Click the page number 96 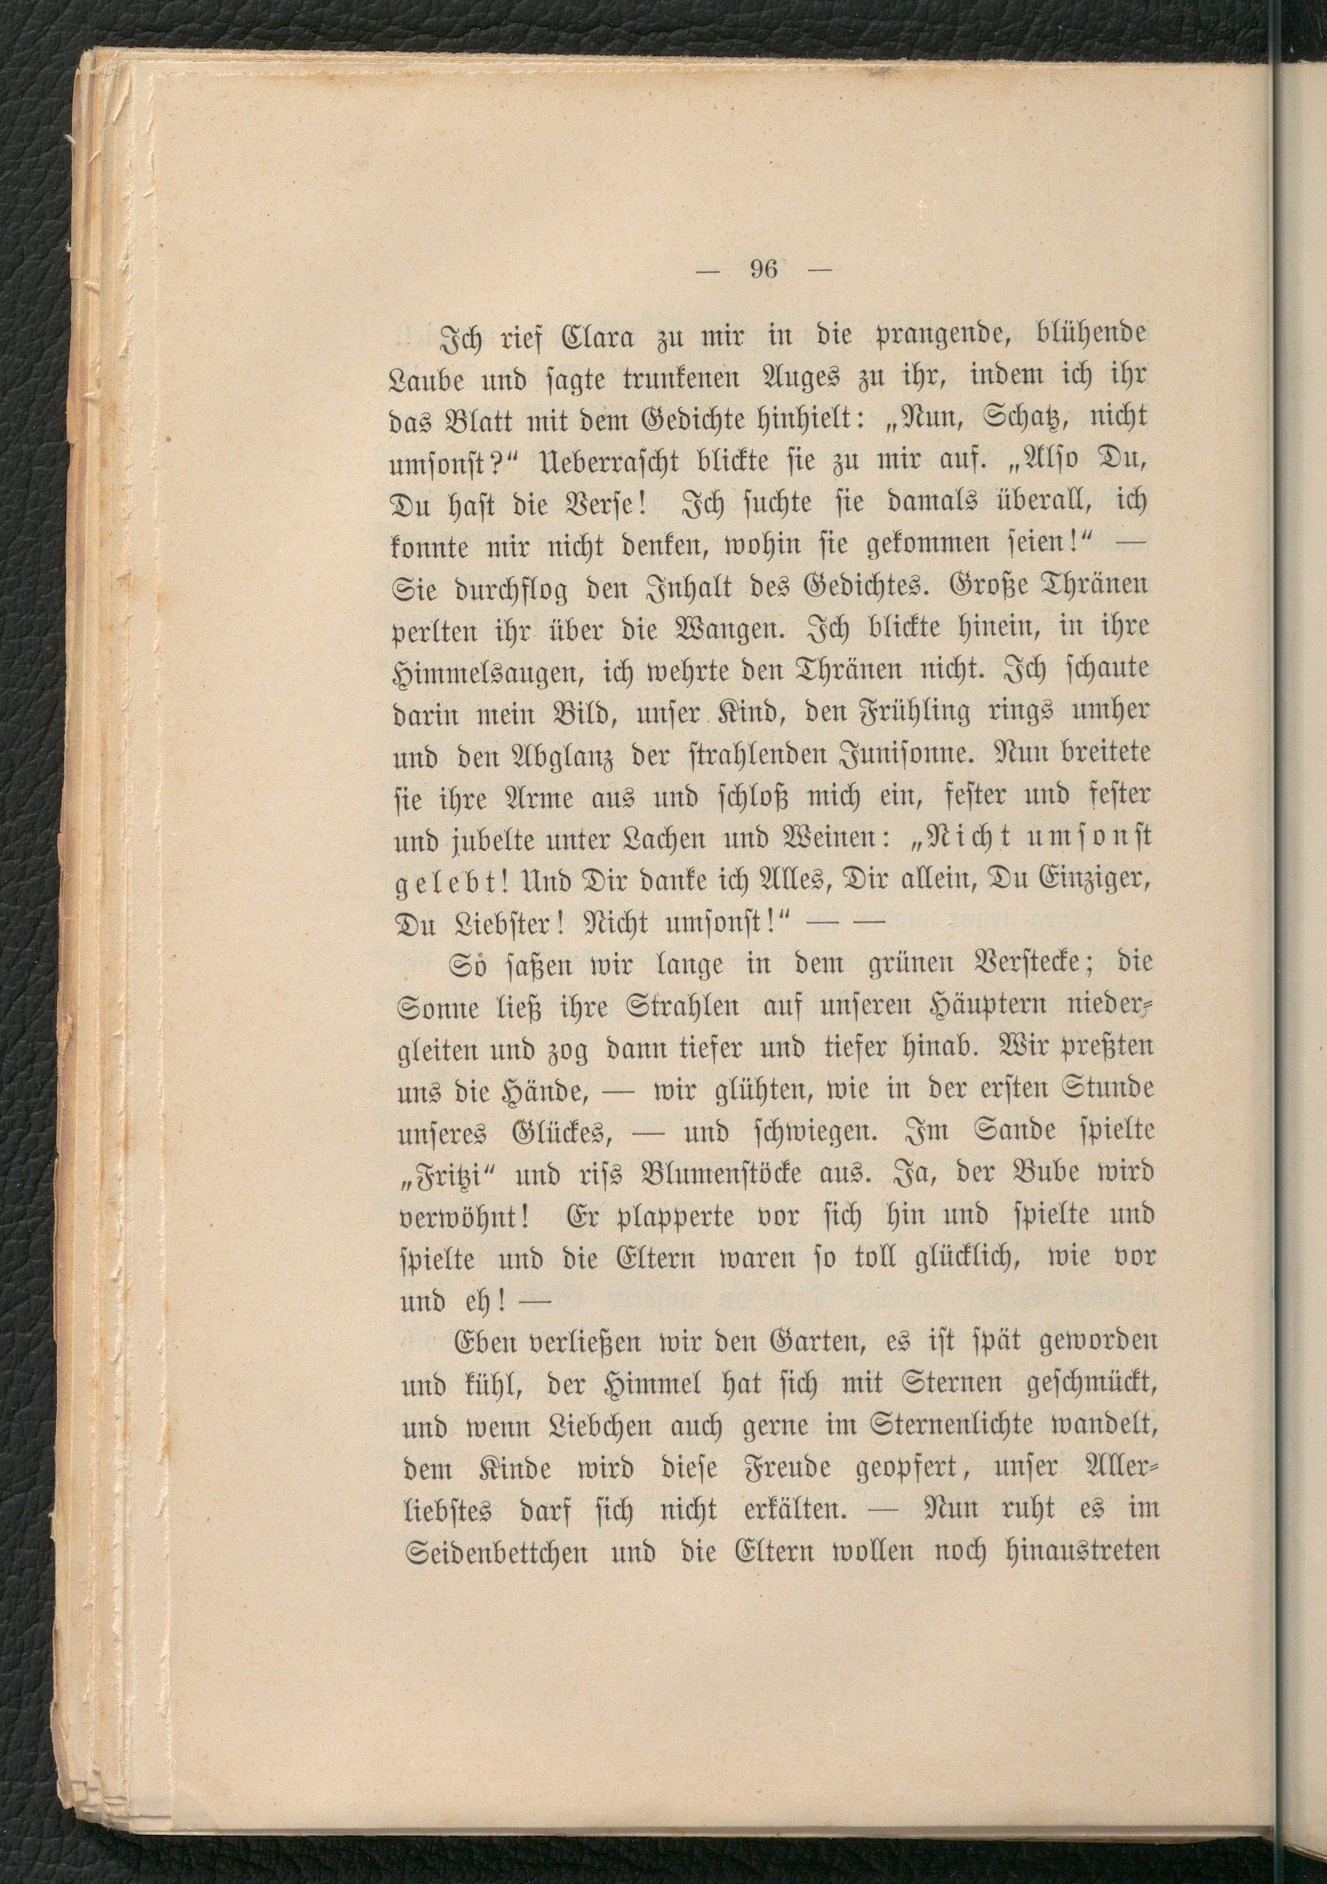[x=763, y=270]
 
